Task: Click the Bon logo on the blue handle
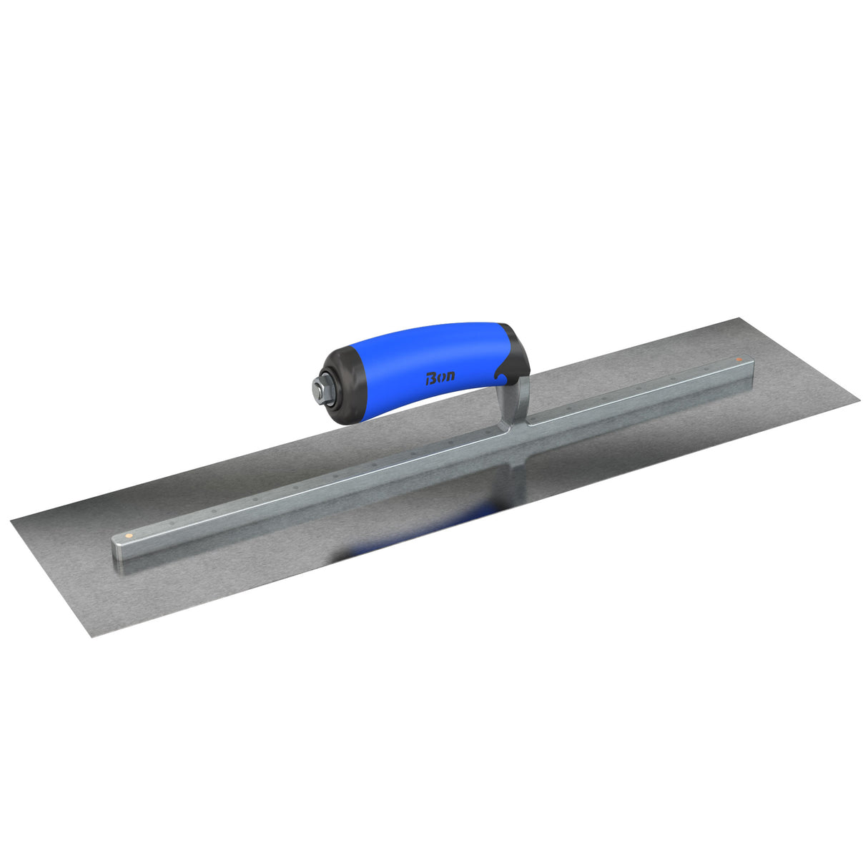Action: [x=440, y=377]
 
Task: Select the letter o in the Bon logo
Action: [x=441, y=377]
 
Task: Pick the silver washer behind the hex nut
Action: [x=324, y=389]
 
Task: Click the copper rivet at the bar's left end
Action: [x=127, y=533]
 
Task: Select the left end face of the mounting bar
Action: [x=117, y=551]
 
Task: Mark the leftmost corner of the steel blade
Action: [x=12, y=521]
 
